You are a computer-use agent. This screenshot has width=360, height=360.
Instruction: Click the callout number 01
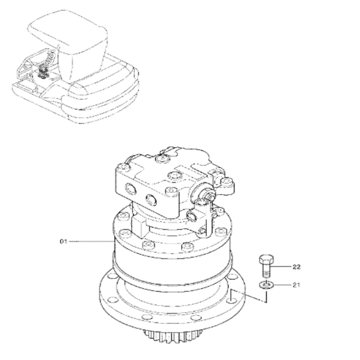pos(63,241)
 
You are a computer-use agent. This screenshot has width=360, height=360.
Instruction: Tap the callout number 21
pos(296,285)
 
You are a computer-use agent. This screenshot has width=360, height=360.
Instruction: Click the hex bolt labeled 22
pos(267,264)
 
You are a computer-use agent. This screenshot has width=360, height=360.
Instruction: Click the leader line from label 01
pos(90,241)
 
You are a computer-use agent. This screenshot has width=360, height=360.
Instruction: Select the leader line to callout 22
pos(282,265)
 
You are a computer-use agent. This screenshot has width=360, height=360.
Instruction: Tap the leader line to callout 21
pos(281,285)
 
